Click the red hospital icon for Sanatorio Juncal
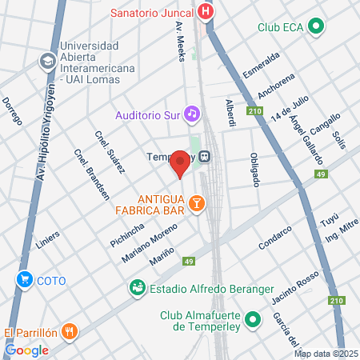(206, 12)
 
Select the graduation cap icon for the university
(48, 61)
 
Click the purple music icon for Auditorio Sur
(191, 114)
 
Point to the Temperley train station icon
(205, 157)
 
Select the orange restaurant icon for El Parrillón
(70, 331)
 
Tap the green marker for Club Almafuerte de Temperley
(254, 321)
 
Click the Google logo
(26, 350)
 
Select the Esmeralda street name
(262, 67)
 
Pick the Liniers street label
(49, 236)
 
